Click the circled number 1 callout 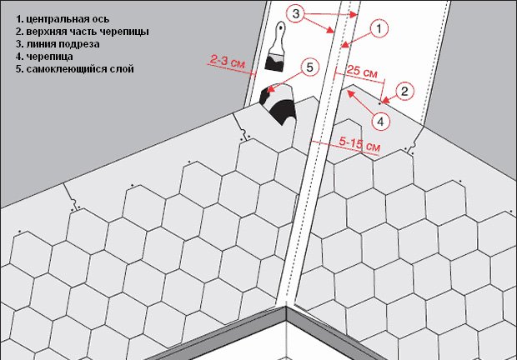(x=379, y=29)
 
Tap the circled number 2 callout (x=405, y=91)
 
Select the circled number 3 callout (x=296, y=14)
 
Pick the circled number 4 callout (x=380, y=122)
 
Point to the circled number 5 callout (x=309, y=67)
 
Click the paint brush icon (x=275, y=47)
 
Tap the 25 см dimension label (x=362, y=72)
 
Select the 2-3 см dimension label (x=228, y=62)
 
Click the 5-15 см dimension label (x=359, y=144)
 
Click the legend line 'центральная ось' (x=63, y=19)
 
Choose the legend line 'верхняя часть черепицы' (x=83, y=32)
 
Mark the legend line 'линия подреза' (x=58, y=44)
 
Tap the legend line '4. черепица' (x=44, y=57)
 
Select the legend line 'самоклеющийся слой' (x=75, y=69)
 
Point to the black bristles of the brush (x=274, y=64)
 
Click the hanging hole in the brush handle (x=280, y=27)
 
